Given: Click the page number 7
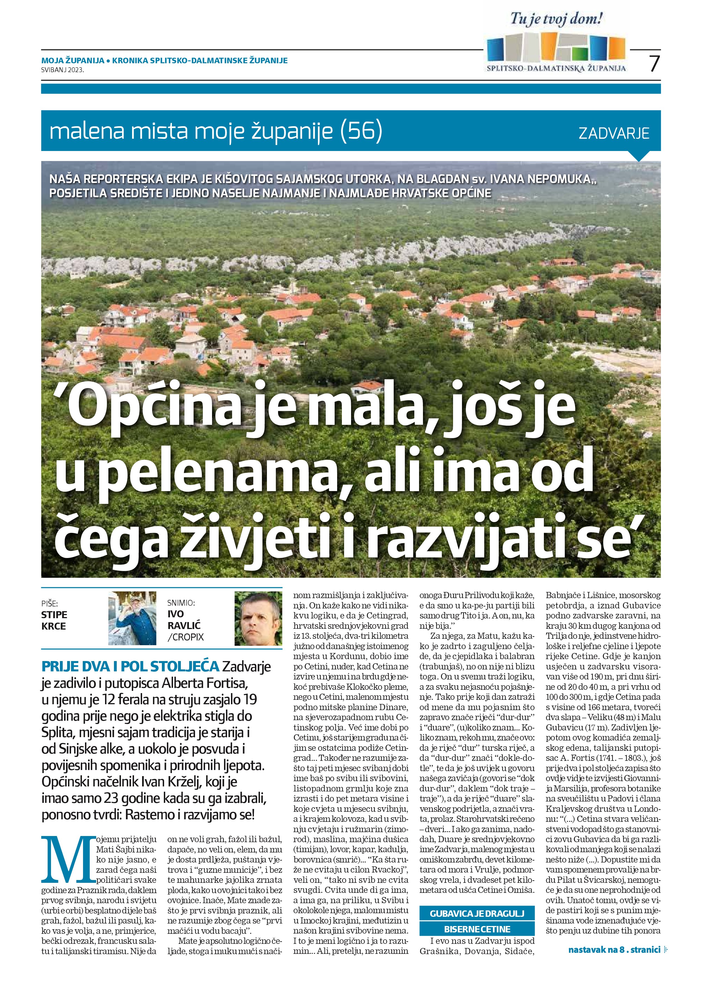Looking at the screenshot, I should point(654,64).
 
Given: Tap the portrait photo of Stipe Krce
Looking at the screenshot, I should point(132,618).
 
